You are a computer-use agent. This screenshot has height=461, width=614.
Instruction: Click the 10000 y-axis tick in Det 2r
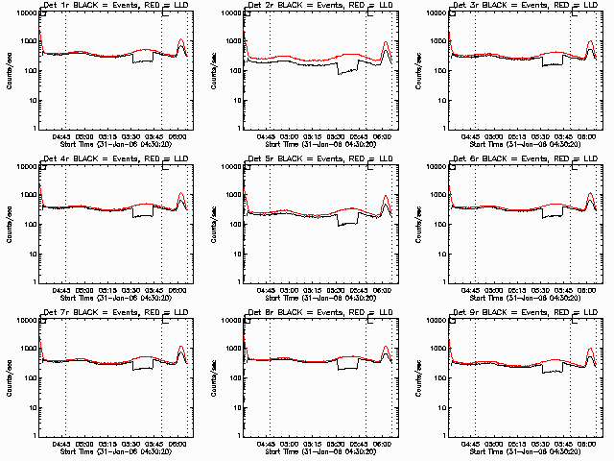[228, 13]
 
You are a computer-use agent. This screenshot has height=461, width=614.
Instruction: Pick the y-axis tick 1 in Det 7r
[33, 435]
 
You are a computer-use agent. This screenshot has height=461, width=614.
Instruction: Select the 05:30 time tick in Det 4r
[131, 290]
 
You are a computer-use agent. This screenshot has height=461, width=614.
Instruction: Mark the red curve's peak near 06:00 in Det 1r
[180, 40]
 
